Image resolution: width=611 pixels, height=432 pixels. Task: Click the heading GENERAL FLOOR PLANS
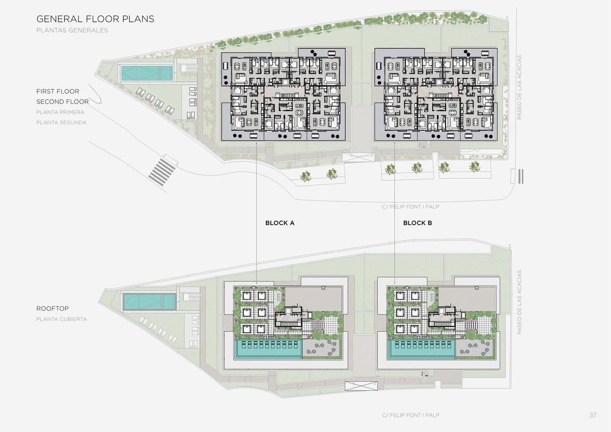click(95, 19)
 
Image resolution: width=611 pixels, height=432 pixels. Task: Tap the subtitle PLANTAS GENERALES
click(72, 30)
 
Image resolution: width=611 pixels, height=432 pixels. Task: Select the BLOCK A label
click(280, 223)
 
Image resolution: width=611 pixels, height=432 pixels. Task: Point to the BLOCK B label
click(418, 223)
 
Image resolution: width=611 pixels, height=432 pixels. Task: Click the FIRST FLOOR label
click(58, 91)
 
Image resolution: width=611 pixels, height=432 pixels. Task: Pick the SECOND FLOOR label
click(63, 102)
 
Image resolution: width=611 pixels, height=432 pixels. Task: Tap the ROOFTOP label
click(52, 309)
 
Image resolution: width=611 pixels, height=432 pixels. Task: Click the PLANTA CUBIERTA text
click(62, 319)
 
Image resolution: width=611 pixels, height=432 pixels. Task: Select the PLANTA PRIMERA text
click(60, 112)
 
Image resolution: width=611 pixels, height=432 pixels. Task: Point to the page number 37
click(593, 415)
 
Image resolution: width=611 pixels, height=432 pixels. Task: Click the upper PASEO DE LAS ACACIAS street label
click(519, 87)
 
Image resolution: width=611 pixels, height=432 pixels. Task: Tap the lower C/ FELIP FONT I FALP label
click(410, 415)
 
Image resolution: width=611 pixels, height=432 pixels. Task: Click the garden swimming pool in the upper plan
click(147, 73)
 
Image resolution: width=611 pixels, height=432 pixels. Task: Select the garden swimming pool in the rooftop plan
click(150, 302)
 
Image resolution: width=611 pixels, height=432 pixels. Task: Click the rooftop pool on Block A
click(268, 349)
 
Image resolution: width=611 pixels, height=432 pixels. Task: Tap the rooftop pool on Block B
click(421, 349)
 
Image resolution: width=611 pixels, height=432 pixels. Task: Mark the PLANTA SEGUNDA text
click(62, 123)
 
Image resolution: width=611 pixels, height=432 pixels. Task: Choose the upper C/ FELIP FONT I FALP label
click(410, 207)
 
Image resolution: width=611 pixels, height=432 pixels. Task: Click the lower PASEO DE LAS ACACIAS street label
click(519, 303)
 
